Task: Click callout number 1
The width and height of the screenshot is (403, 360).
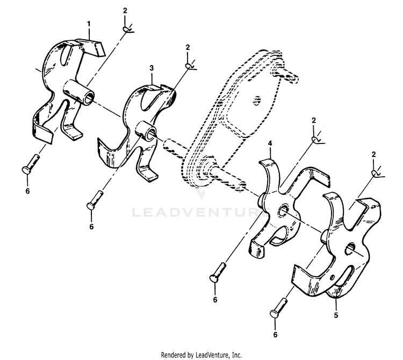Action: (x=89, y=24)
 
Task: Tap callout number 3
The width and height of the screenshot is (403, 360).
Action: (x=152, y=68)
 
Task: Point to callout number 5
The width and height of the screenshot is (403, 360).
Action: (x=336, y=315)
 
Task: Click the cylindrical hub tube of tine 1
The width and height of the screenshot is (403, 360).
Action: (x=79, y=93)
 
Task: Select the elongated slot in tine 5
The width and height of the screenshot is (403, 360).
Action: (x=344, y=277)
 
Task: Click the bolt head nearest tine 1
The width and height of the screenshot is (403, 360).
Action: (x=25, y=170)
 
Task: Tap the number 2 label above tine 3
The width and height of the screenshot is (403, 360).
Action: (x=188, y=47)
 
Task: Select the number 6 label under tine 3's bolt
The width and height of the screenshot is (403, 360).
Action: (x=91, y=227)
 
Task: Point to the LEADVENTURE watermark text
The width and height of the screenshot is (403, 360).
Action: (x=201, y=212)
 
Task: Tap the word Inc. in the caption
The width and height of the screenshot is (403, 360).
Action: (x=237, y=355)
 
